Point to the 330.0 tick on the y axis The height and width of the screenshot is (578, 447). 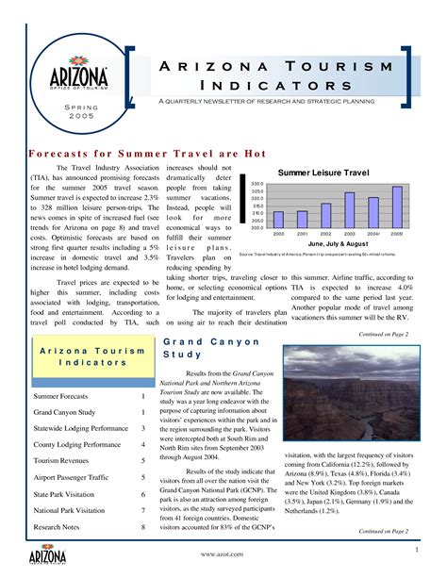256,184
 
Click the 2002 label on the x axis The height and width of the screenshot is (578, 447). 325,233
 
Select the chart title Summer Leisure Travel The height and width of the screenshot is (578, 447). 323,172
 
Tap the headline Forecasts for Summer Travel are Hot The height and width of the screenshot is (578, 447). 148,153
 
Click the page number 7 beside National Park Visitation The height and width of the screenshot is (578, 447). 142,510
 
